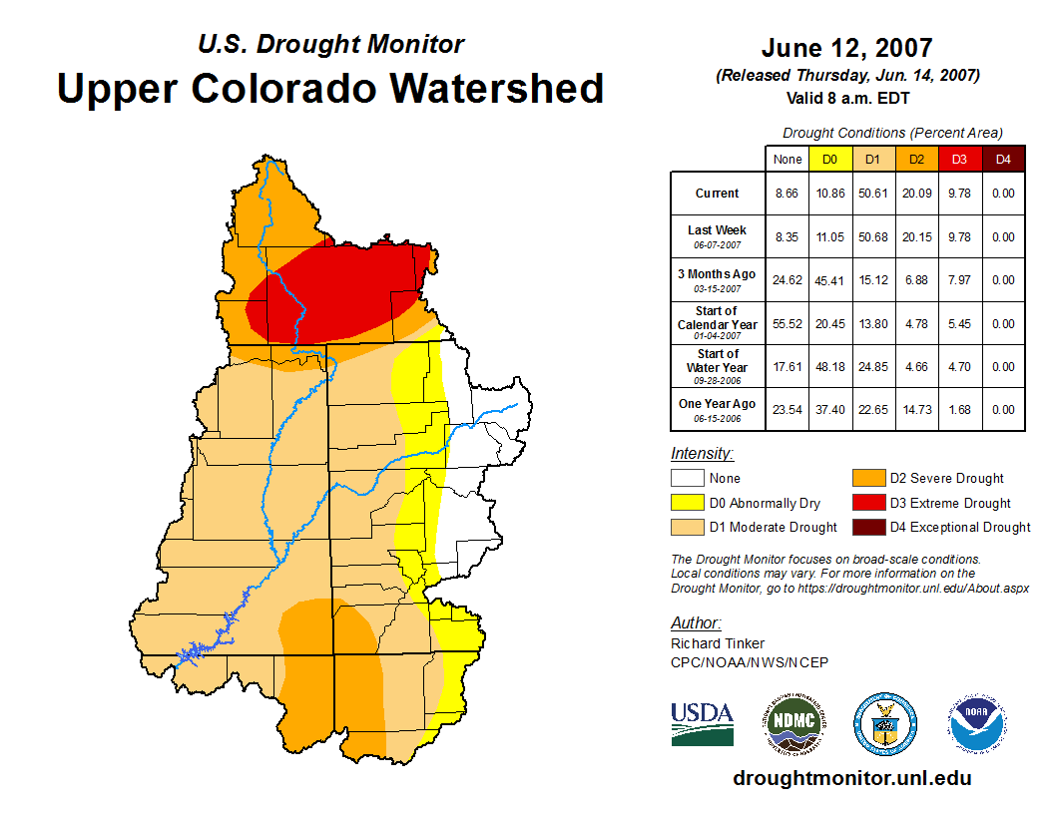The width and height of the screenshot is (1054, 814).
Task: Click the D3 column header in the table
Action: pyautogui.click(x=958, y=159)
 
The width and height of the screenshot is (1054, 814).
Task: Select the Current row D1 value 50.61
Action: pyautogui.click(x=871, y=194)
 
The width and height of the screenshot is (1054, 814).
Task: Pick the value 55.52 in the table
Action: pyautogui.click(x=788, y=323)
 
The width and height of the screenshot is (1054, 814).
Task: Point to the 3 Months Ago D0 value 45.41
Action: pyautogui.click(x=829, y=280)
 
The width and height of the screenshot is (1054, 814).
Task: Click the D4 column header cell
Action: pyautogui.click(x=1003, y=159)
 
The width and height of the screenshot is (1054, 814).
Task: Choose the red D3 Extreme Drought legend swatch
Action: pyautogui.click(x=867, y=503)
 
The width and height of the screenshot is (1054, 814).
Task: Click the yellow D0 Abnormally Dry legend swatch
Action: pyautogui.click(x=687, y=503)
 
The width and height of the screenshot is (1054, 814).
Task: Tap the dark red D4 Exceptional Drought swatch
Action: pyautogui.click(x=867, y=527)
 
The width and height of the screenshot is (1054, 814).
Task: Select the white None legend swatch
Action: pyautogui.click(x=687, y=479)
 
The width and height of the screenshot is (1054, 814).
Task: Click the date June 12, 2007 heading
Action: pyautogui.click(x=846, y=48)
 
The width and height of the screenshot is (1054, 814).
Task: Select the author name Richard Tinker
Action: pyautogui.click(x=718, y=643)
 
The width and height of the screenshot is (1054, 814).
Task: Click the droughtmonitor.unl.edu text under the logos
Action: pyautogui.click(x=851, y=778)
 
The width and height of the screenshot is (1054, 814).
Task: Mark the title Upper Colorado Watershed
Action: pyautogui.click(x=330, y=89)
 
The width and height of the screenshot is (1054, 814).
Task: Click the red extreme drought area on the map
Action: pyautogui.click(x=339, y=294)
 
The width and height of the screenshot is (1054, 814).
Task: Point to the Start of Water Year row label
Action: pyautogui.click(x=718, y=361)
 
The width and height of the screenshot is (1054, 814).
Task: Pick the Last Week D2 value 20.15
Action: pyautogui.click(x=915, y=237)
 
